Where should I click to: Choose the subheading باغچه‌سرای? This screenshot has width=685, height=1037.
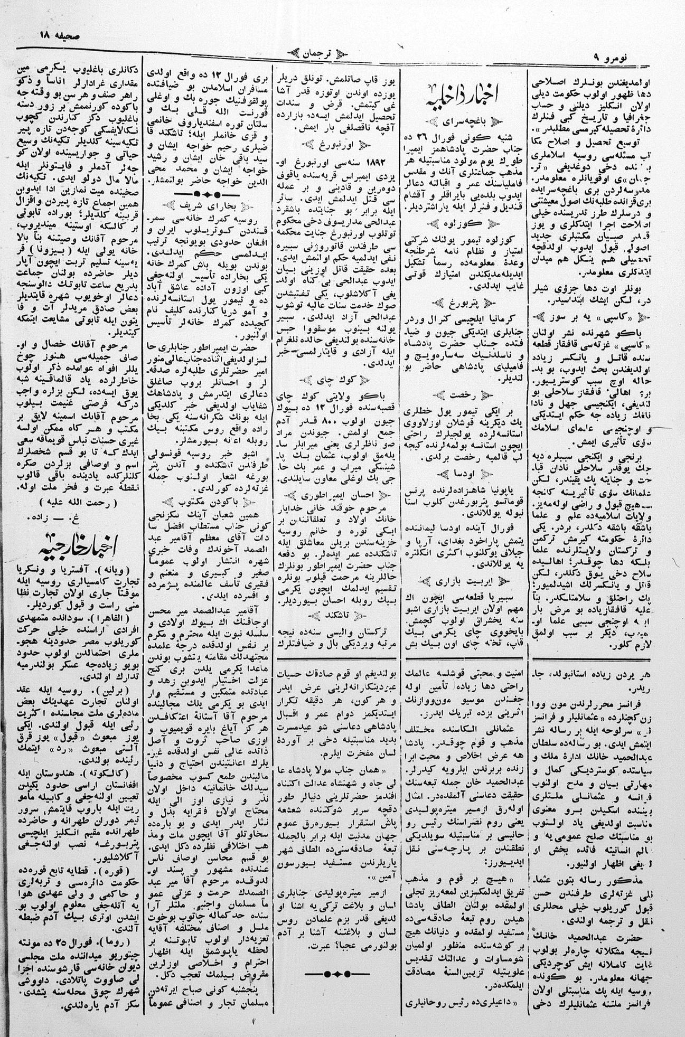click(x=466, y=121)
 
